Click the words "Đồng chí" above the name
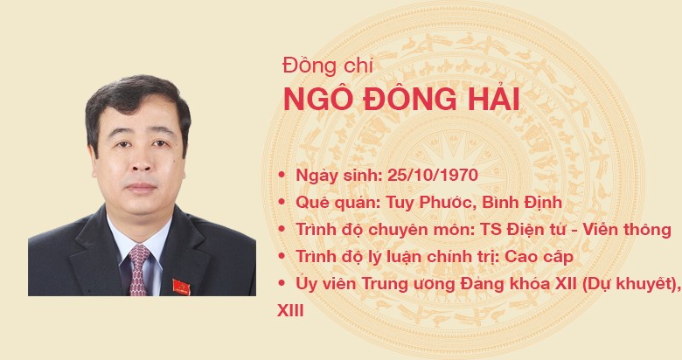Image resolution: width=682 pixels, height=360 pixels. tap(328, 66)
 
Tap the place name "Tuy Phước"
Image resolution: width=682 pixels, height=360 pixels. tap(421, 203)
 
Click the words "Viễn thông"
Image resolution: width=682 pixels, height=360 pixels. tap(627, 230)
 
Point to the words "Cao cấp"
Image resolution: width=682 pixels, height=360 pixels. tap(539, 257)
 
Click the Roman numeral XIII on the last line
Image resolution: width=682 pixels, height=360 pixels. tap(290, 311)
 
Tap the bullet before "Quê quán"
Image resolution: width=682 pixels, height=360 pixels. tap(282, 202)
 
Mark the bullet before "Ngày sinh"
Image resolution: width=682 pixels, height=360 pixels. tap(282, 176)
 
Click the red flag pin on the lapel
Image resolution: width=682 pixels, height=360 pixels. tap(181, 287)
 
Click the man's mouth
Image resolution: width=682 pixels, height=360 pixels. tap(141, 187)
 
